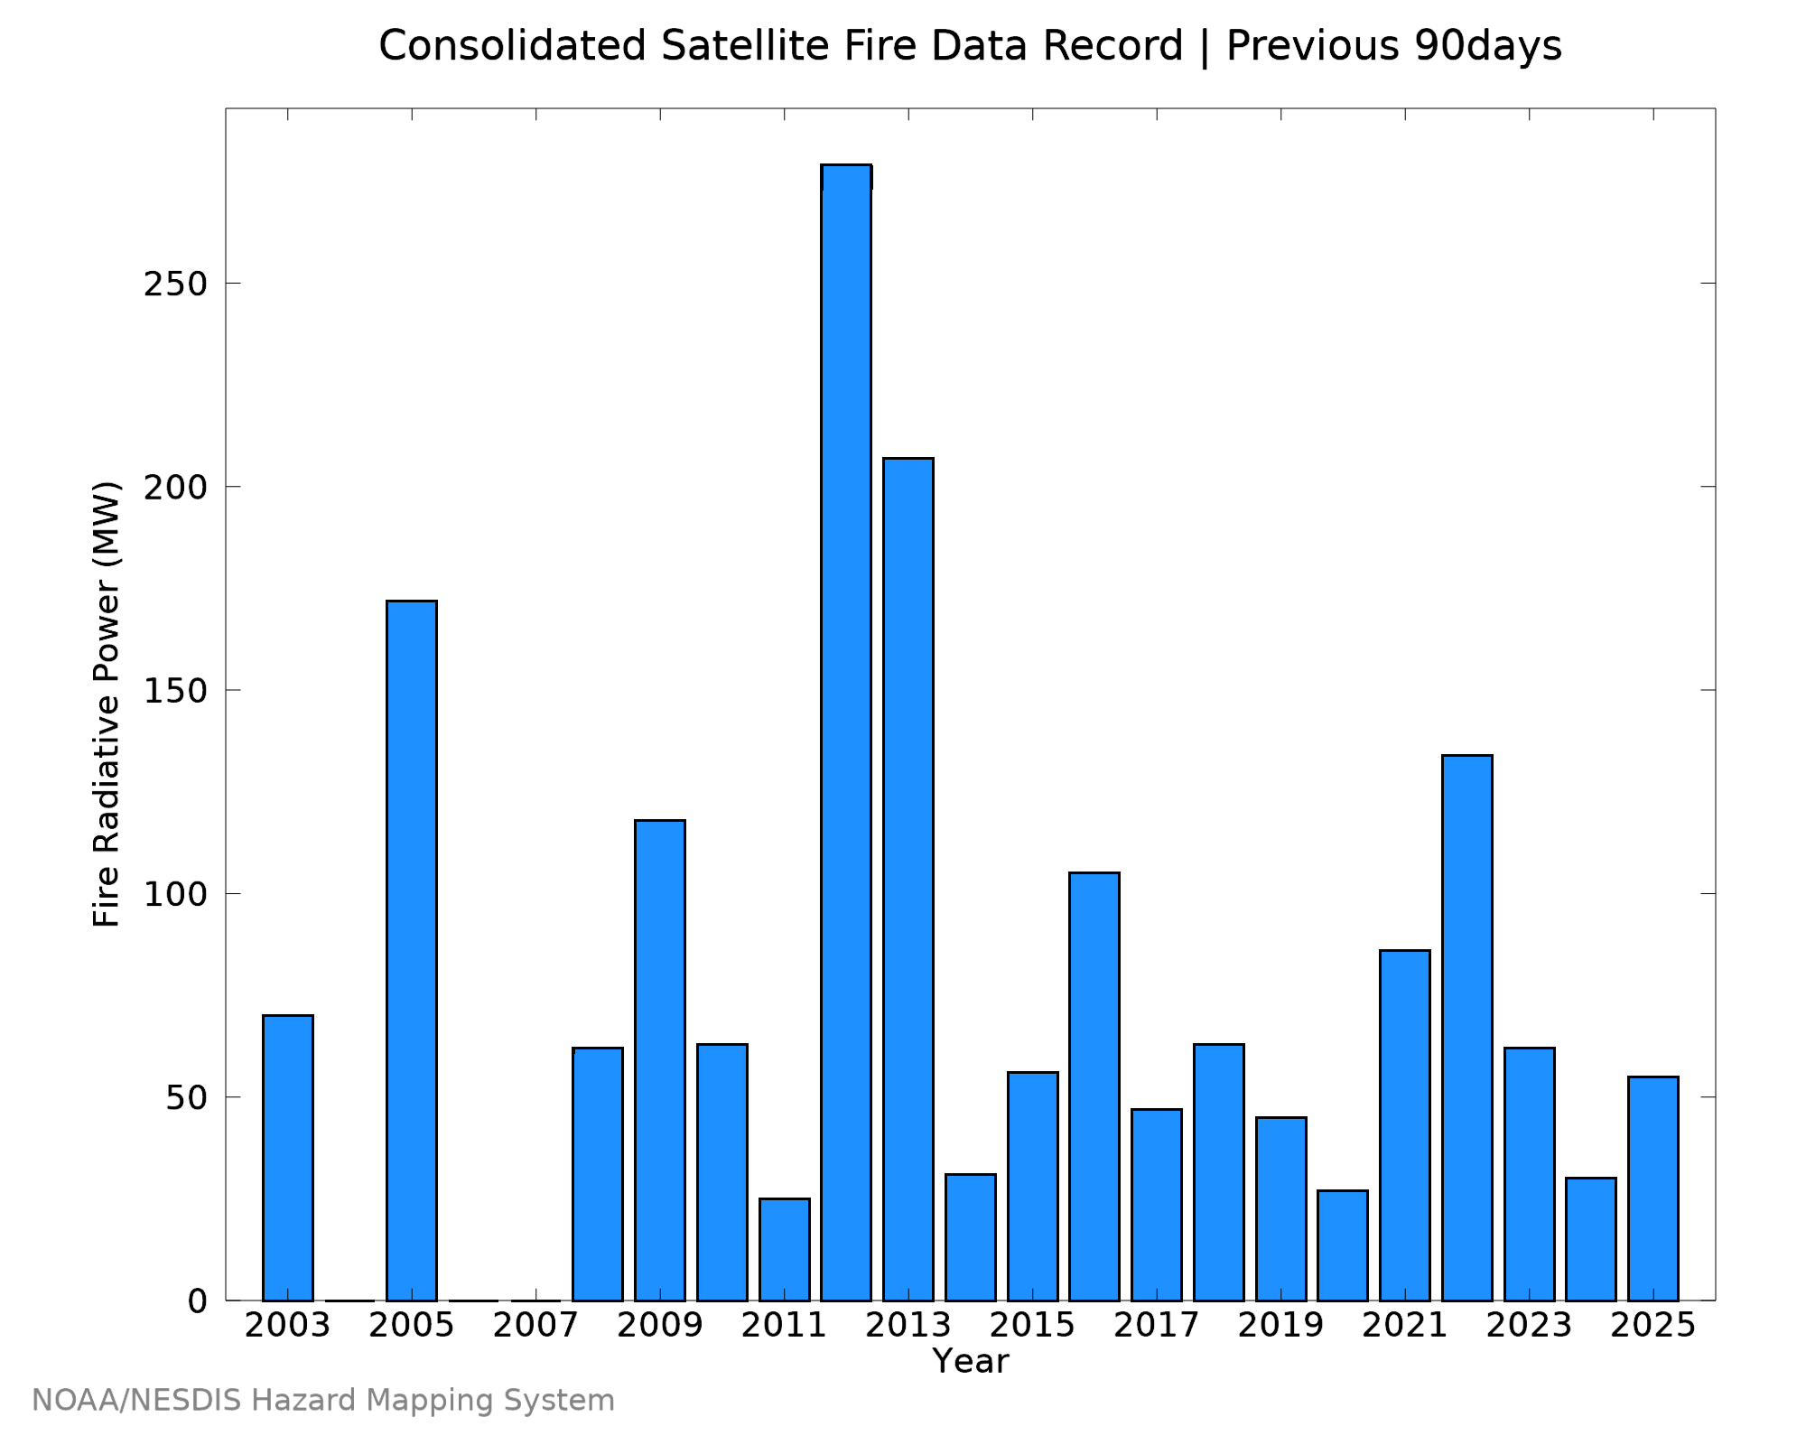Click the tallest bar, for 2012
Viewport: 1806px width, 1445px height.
pyautogui.click(x=846, y=732)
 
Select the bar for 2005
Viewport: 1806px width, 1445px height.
pyautogui.click(x=412, y=950)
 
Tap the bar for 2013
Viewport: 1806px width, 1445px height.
pyautogui.click(x=908, y=880)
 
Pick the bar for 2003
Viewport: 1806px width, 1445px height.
pyautogui.click(x=288, y=1158)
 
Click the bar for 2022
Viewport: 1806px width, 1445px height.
pyautogui.click(x=1467, y=1028)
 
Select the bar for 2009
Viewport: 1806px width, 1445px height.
pyautogui.click(x=660, y=1060)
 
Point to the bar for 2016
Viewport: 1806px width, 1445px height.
pyautogui.click(x=1094, y=1086)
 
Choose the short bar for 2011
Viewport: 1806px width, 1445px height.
pyautogui.click(x=785, y=1250)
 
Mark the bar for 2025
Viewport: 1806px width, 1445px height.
pyautogui.click(x=1653, y=1189)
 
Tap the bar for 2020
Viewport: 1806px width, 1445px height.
pyautogui.click(x=1343, y=1245)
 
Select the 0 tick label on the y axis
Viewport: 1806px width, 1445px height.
pyautogui.click(x=198, y=1301)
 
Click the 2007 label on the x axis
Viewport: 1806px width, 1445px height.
pyautogui.click(x=536, y=1326)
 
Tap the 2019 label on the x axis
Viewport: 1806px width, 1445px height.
pyautogui.click(x=1280, y=1326)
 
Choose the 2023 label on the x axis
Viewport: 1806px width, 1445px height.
pyautogui.click(x=1529, y=1326)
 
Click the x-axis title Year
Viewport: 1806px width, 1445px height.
pyautogui.click(x=971, y=1361)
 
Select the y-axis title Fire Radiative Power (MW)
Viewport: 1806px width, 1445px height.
pyautogui.click(x=107, y=704)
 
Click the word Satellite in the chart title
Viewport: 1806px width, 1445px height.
pyautogui.click(x=745, y=46)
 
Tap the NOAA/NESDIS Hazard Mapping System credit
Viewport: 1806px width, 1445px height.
pyautogui.click(x=323, y=1401)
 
